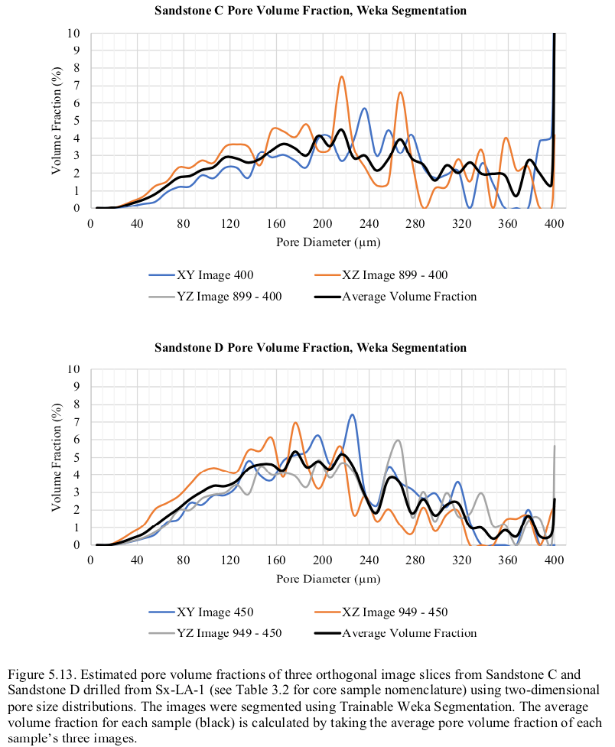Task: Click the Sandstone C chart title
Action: [311, 11]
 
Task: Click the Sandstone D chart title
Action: [311, 347]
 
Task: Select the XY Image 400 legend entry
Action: [201, 275]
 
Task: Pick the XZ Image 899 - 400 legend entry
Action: [381, 275]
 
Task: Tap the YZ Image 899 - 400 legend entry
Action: [215, 297]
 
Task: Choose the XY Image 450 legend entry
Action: [201, 612]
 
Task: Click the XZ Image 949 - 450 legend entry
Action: [381, 612]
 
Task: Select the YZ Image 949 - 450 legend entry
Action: [215, 633]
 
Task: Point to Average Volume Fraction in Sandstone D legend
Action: [395, 633]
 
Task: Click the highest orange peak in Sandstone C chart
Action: [341, 76]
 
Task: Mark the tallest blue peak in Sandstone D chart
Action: [352, 414]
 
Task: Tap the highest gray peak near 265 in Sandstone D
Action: [398, 440]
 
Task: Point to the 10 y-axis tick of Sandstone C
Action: [73, 33]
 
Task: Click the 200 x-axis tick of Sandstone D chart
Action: [323, 560]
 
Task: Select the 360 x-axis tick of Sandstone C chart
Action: [508, 223]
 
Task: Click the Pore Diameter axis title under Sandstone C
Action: [328, 242]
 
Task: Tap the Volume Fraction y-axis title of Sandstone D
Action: [57, 457]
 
